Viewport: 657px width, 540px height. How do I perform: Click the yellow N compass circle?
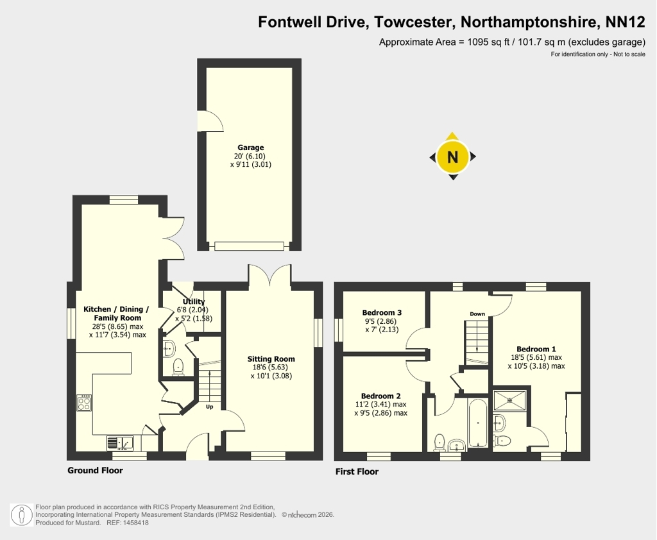(x=452, y=156)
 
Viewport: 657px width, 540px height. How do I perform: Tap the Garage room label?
(x=251, y=148)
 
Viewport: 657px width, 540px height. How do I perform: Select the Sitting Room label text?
(x=271, y=359)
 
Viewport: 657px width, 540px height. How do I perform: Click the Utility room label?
(x=194, y=301)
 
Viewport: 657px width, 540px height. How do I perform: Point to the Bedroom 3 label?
(x=382, y=312)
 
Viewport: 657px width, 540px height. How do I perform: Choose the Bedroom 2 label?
(x=381, y=396)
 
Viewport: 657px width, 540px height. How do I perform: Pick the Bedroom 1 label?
(x=536, y=349)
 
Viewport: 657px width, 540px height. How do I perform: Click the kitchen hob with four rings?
(x=84, y=403)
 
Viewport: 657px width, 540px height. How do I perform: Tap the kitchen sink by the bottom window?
(x=120, y=443)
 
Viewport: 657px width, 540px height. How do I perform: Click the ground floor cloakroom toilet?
(x=178, y=367)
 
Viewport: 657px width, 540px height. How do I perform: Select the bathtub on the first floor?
(x=477, y=423)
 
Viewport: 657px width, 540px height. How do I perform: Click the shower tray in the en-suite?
(x=509, y=400)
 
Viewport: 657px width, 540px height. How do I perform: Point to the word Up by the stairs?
(x=210, y=407)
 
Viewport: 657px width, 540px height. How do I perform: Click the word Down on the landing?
(x=477, y=314)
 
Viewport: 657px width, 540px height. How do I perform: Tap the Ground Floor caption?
(x=95, y=471)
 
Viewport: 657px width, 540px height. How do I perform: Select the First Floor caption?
(x=357, y=472)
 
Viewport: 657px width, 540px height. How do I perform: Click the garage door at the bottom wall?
(x=250, y=246)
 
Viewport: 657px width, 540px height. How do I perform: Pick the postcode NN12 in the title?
(x=626, y=22)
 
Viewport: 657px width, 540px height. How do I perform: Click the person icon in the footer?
(x=22, y=515)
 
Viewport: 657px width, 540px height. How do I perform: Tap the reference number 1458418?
(x=135, y=523)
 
